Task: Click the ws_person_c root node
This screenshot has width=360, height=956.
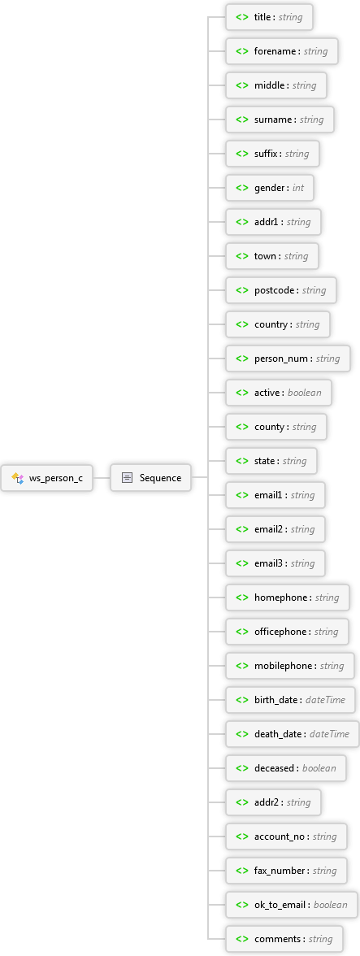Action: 47,478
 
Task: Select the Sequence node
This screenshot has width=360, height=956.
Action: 150,478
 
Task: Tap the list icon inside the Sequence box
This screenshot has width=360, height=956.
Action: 127,478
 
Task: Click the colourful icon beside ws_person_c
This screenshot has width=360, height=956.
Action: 17,478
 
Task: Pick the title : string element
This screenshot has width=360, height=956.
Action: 269,17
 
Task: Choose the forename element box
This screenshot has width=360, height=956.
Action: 282,51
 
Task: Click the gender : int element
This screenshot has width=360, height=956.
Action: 270,188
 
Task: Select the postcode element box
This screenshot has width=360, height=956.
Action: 281,290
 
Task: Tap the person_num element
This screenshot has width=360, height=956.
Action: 288,358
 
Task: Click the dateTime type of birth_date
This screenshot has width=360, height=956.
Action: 325,700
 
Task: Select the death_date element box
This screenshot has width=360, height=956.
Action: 293,734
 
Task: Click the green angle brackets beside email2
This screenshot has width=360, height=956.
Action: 242,529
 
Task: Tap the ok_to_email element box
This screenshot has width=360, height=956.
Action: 291,905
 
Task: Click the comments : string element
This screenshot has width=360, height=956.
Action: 284,939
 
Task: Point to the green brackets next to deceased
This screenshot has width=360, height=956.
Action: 242,768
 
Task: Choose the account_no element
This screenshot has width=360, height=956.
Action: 286,836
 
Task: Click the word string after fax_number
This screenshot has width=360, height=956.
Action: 325,871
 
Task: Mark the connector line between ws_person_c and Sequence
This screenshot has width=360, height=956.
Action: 102,478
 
